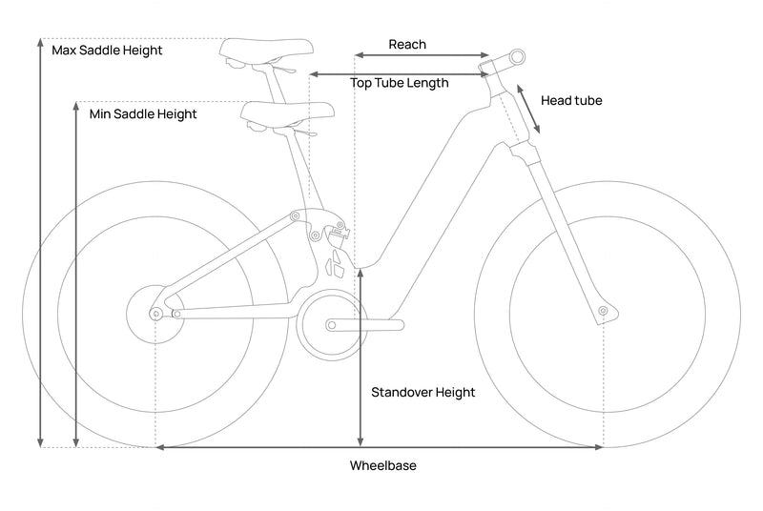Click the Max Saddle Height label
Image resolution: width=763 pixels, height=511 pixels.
(x=107, y=50)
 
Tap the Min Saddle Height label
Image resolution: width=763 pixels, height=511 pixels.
(x=142, y=114)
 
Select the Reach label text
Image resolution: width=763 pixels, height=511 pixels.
(x=407, y=45)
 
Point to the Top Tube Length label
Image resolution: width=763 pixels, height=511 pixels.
(x=399, y=83)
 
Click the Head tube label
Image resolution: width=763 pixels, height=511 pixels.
(x=571, y=100)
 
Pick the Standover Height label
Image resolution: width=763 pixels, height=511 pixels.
(x=423, y=392)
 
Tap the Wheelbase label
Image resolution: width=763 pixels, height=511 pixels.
(x=382, y=466)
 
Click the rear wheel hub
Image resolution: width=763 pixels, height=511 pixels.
(x=155, y=312)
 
